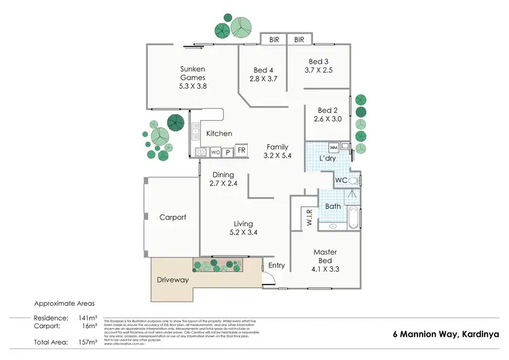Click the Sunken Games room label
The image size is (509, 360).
tap(193, 73)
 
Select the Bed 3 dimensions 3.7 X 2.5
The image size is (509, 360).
tap(319, 70)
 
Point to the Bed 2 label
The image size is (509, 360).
tap(327, 110)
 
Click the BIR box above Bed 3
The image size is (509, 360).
tap(299, 40)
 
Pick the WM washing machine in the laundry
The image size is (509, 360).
tap(333, 147)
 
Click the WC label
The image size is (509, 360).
tap(341, 180)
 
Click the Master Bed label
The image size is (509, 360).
tap(325, 256)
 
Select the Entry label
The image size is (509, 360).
tap(277, 266)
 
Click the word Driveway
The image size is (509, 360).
tap(172, 280)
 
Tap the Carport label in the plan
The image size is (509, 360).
tap(172, 217)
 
